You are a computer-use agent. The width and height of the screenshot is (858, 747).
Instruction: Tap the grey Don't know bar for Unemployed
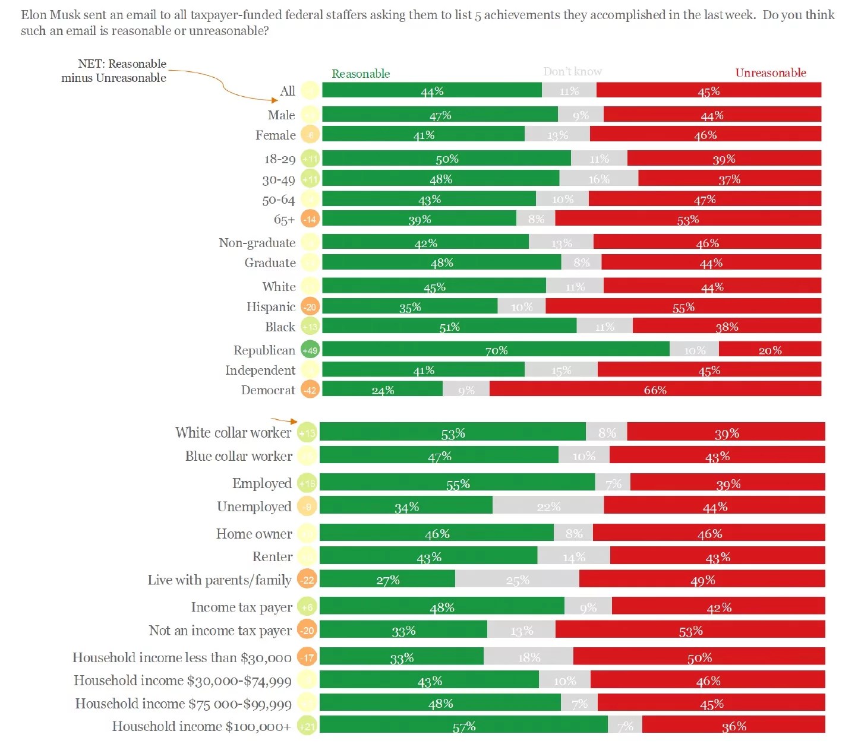pos(548,505)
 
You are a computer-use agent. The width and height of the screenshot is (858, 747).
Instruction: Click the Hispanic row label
pos(271,306)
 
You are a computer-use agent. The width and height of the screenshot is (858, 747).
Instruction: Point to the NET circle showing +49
pos(310,350)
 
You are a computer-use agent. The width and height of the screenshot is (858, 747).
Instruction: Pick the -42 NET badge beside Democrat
pos(310,390)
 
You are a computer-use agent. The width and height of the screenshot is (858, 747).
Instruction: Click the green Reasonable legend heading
pos(361,74)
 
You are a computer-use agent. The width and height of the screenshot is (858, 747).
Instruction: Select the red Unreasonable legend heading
pos(770,72)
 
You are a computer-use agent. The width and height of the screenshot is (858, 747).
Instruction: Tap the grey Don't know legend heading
pos(572,72)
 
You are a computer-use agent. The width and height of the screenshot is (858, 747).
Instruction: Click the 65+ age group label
pos(284,220)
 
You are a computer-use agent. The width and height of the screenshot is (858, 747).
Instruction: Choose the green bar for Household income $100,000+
pos(463,724)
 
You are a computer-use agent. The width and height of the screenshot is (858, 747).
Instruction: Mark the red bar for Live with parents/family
pos(702,579)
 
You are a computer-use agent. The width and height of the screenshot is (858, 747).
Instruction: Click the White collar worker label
pos(234,432)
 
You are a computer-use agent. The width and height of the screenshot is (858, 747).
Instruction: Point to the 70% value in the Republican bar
pos(496,350)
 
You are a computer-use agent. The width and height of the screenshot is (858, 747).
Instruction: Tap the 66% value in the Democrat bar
pos(655,390)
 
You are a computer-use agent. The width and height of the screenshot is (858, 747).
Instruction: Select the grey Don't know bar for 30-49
pos(598,178)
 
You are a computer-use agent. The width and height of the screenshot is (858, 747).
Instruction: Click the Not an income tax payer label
pos(220,630)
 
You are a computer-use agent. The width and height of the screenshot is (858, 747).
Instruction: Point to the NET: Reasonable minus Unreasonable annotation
pos(114,71)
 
